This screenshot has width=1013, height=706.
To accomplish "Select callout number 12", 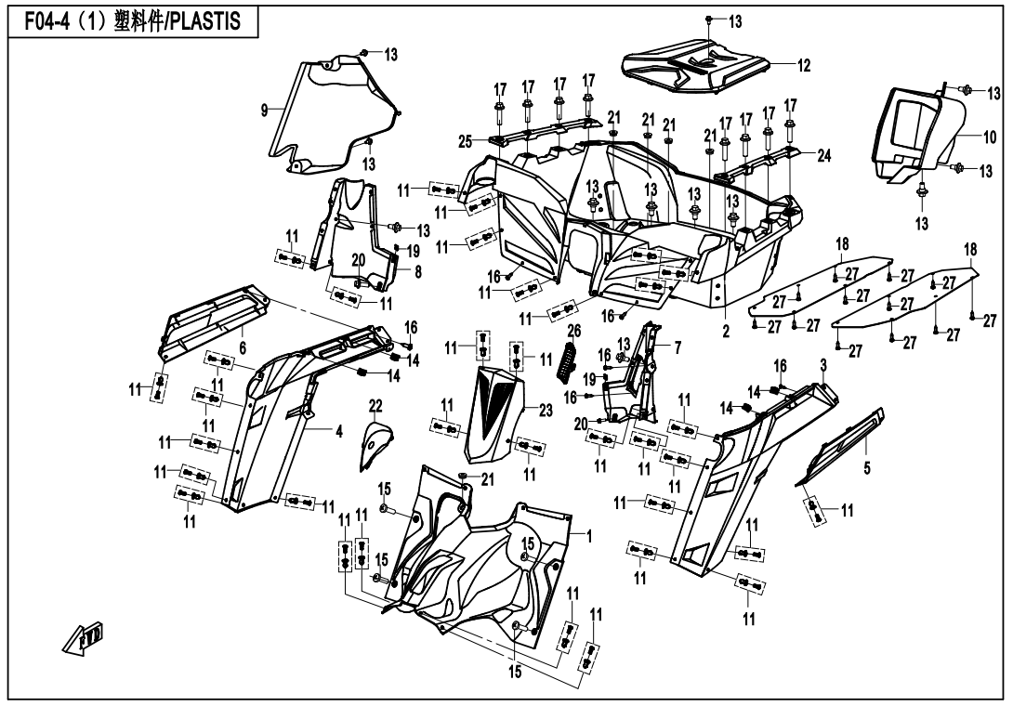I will (x=803, y=65).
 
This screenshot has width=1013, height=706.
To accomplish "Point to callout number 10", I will (x=989, y=136).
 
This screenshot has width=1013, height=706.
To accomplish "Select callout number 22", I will (x=375, y=405).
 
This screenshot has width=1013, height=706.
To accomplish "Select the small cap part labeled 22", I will (x=375, y=444).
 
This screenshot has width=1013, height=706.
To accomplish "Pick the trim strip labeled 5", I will (x=841, y=448).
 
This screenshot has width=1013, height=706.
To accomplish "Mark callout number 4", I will (x=313, y=431).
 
